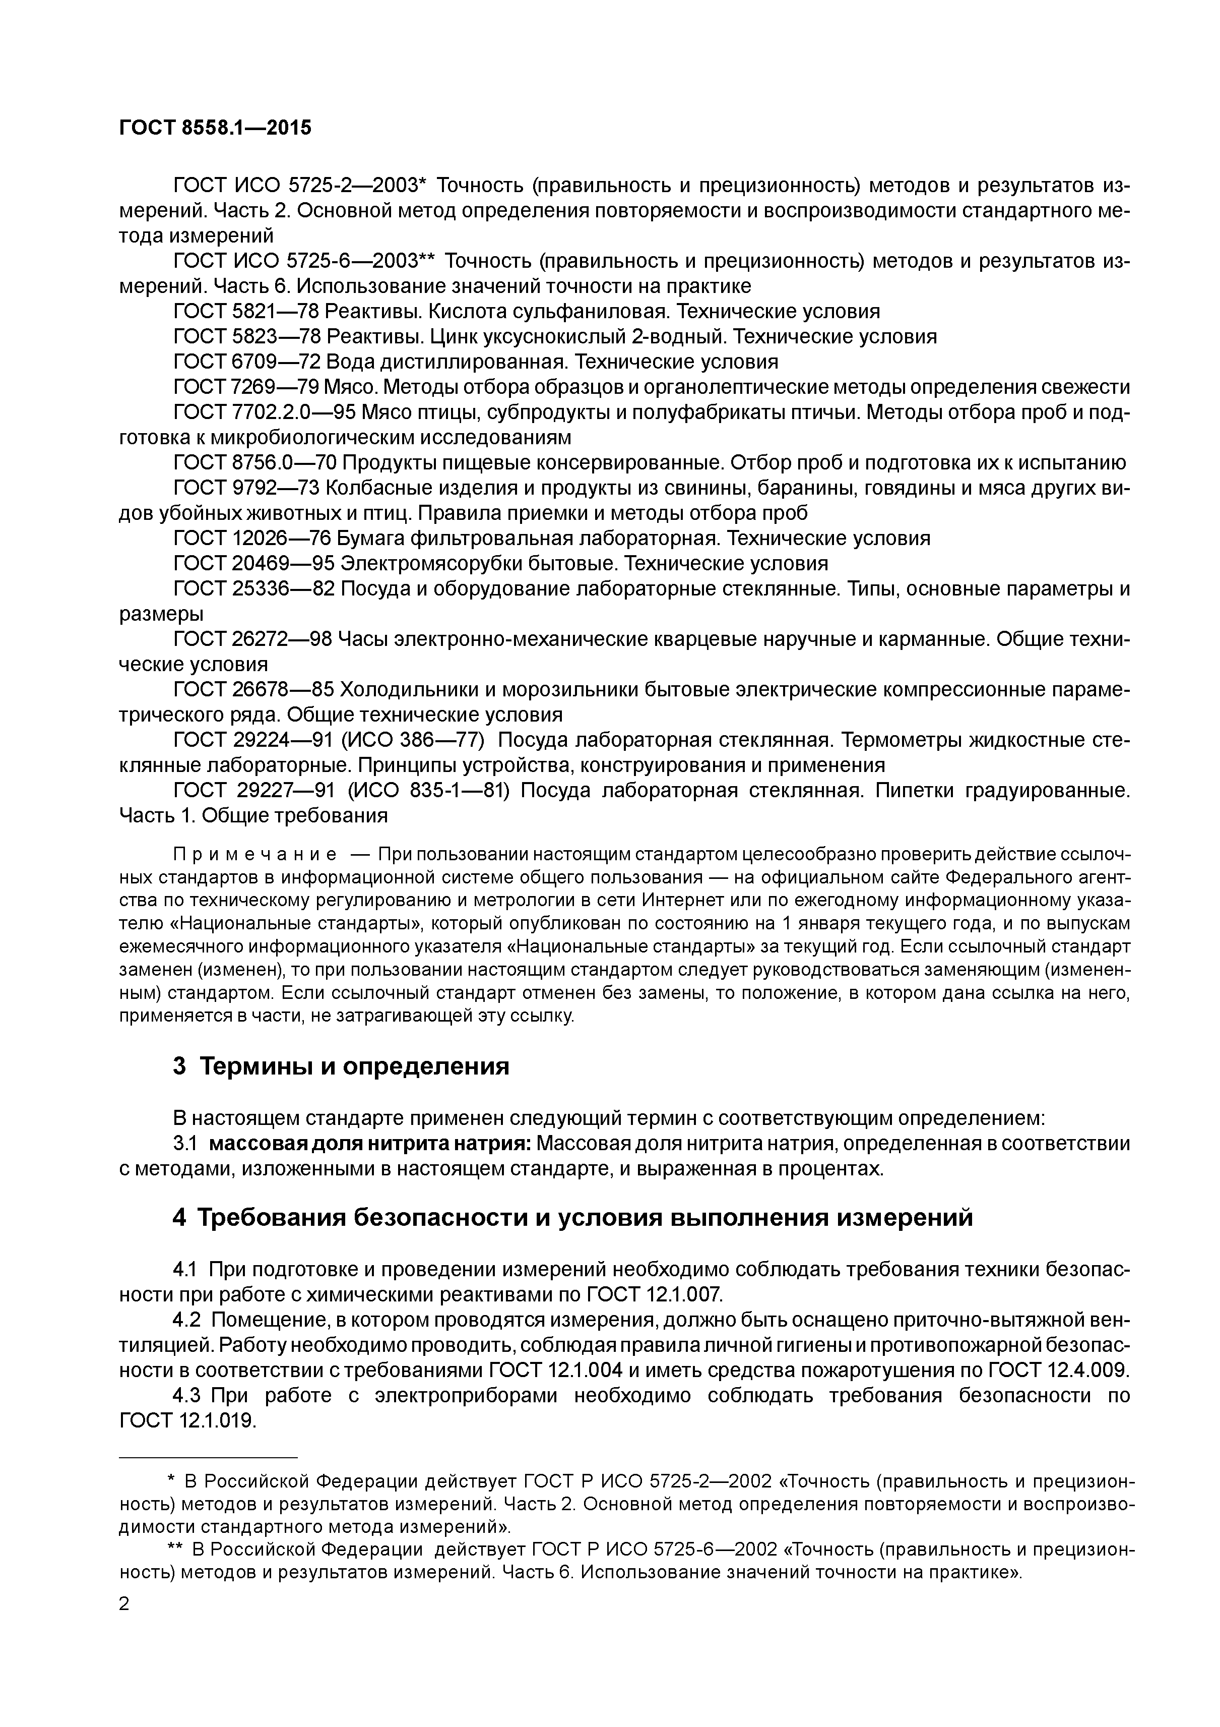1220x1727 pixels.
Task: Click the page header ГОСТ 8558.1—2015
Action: [215, 129]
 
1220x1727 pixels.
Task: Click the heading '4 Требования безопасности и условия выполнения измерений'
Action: [572, 1217]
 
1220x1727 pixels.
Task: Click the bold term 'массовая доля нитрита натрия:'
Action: [370, 1144]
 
